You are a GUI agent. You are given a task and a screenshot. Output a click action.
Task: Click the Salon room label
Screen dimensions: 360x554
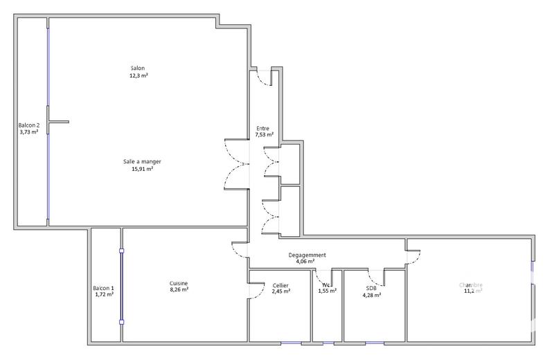tap(138, 68)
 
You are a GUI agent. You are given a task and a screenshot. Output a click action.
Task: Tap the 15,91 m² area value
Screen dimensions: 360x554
tap(142, 168)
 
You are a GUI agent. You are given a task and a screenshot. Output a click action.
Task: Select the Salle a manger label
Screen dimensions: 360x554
tap(142, 161)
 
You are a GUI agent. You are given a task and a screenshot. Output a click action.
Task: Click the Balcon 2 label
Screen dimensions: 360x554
tap(29, 125)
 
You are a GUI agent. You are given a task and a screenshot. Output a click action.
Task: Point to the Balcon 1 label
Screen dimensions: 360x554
tap(104, 288)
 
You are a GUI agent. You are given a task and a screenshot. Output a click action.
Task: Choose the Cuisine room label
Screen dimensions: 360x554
tap(179, 283)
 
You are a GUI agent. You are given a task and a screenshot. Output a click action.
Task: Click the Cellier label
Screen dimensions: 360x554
tap(280, 286)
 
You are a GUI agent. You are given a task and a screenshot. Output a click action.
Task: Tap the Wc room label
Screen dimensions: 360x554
tap(327, 285)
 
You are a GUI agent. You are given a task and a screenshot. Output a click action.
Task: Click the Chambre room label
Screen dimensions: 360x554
tap(470, 285)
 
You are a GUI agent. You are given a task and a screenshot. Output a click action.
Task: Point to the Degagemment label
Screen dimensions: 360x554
tap(307, 255)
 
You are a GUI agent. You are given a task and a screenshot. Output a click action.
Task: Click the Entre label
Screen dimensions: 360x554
tap(263, 129)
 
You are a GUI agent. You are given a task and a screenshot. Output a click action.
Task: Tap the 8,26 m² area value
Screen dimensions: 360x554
tap(179, 290)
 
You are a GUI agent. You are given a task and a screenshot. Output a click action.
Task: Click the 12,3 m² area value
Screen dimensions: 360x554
tap(138, 75)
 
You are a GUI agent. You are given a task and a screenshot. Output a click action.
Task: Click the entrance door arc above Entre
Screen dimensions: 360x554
tap(263, 78)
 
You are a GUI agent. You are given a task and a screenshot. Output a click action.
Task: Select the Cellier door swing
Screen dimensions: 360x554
tap(256, 291)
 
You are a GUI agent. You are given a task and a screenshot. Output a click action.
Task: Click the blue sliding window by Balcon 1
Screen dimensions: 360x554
tap(121, 286)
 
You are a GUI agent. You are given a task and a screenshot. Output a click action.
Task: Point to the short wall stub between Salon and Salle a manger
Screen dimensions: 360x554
tap(58, 122)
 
